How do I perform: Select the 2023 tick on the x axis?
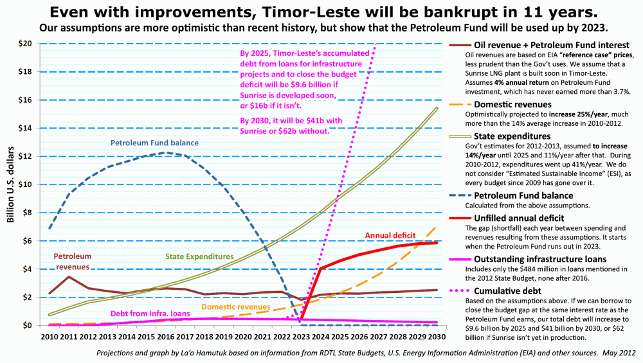pyautogui.click(x=302, y=336)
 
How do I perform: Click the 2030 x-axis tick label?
pyautogui.click(x=437, y=336)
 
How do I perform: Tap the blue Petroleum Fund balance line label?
pyautogui.click(x=154, y=143)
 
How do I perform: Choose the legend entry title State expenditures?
pyautogui.click(x=512, y=136)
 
